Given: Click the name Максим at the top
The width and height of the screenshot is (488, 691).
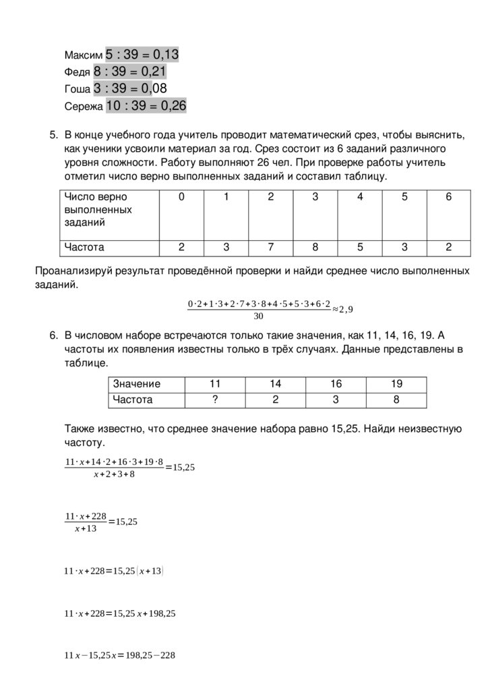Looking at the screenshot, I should click(x=84, y=55).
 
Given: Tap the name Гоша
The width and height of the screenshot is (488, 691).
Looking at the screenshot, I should click(x=76, y=89).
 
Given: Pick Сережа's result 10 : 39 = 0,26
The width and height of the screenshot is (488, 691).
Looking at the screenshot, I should click(x=146, y=106).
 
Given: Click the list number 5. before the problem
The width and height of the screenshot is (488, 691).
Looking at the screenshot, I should click(x=54, y=135).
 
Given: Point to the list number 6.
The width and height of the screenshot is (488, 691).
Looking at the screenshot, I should click(x=54, y=336).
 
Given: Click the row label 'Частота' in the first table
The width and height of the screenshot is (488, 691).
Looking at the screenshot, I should click(x=84, y=248).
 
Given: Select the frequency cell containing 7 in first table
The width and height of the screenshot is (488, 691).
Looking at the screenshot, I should click(x=270, y=248).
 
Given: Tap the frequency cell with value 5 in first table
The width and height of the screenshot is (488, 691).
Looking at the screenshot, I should click(x=360, y=248).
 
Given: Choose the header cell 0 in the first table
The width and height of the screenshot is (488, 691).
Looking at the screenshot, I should click(x=181, y=197).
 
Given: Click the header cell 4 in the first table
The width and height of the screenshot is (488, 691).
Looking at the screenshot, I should click(x=360, y=197).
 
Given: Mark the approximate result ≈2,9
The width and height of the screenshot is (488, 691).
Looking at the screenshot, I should click(x=342, y=309).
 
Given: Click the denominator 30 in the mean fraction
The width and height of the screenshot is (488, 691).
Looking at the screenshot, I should click(x=258, y=316).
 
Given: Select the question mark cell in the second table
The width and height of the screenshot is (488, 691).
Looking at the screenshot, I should click(x=215, y=399).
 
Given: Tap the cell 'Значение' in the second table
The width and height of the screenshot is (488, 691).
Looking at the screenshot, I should click(x=137, y=384).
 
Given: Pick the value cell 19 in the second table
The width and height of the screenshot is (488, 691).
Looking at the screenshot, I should click(x=396, y=384).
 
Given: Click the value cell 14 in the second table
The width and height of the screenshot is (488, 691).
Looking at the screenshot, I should click(x=275, y=384).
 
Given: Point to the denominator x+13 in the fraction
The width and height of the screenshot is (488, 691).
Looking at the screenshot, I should click(x=86, y=528).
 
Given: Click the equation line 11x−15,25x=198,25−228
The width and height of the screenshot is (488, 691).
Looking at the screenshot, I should click(x=119, y=655).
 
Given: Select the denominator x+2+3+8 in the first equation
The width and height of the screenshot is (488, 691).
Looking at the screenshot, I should click(x=114, y=474).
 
